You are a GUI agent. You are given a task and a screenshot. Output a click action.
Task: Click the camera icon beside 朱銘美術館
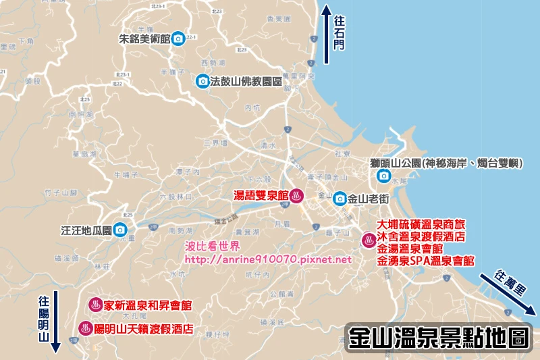(x=178, y=38)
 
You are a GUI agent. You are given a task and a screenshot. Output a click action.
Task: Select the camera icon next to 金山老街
(x=340, y=199)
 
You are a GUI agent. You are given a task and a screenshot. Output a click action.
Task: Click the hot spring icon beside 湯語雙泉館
(x=296, y=196)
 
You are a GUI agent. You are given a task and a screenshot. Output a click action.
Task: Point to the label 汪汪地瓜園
(x=84, y=230)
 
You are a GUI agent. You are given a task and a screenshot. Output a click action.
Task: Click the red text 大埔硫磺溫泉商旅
(x=423, y=224)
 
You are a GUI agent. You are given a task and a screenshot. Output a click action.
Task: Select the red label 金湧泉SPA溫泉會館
(x=425, y=260)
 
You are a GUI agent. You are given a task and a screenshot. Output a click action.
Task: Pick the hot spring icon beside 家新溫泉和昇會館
(x=96, y=305)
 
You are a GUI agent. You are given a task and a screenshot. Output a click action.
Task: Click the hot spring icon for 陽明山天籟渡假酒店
(x=86, y=329)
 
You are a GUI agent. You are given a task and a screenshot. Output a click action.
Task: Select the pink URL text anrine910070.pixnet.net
(x=268, y=259)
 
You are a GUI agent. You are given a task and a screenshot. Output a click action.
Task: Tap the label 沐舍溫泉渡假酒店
(x=423, y=236)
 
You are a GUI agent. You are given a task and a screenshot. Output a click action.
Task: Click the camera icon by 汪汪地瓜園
(x=119, y=230)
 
